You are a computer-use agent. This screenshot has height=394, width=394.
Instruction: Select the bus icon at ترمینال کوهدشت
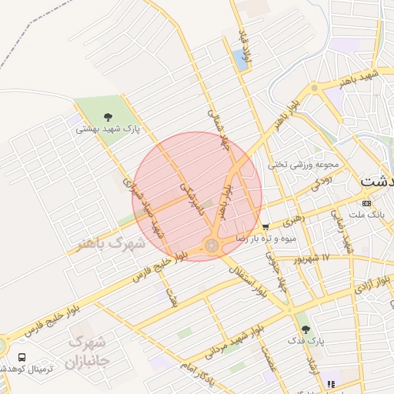[22, 358]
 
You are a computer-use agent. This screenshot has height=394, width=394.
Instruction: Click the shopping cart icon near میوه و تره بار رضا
[265, 227]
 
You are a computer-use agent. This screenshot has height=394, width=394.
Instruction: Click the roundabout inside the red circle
[210, 245]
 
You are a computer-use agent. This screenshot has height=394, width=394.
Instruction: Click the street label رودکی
[318, 185]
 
